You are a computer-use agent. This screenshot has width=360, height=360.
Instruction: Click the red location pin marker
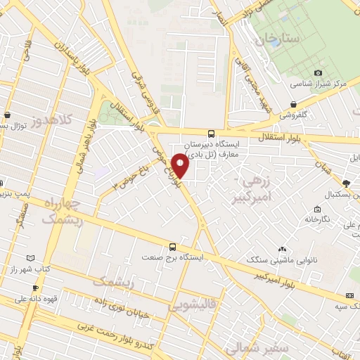pos(180,167)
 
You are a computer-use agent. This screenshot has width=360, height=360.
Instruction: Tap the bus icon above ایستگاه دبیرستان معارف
pos(211,134)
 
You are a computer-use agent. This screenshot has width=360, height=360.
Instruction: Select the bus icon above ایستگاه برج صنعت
pos(173,246)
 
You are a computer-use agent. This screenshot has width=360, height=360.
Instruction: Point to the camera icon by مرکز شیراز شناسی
pos(318,72)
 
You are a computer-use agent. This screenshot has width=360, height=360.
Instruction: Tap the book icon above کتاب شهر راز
pos(29,259)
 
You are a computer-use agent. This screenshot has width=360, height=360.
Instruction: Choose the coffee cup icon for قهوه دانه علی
pos(35,288)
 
